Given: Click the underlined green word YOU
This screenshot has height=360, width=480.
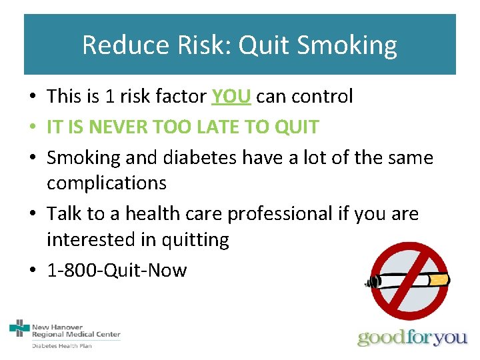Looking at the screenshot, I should tap(231, 97).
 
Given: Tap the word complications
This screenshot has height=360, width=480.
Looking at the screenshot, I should tap(107, 183).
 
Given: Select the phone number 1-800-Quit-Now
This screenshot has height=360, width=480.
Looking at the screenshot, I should tap(117, 271).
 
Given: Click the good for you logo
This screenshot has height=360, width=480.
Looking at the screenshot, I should tap(413, 337).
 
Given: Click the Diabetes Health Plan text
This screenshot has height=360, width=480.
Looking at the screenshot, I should tap(62, 345).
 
